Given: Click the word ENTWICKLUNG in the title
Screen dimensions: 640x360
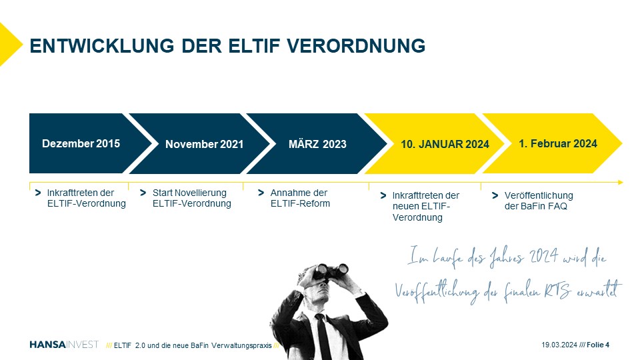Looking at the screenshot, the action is coord(102,46).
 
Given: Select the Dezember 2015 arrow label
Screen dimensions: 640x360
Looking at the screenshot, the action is coord(81,144).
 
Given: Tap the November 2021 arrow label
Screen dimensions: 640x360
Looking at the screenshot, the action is coord(204,144).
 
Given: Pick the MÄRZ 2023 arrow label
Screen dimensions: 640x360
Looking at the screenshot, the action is coord(317,144).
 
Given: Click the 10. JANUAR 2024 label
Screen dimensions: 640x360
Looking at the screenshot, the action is coord(445,144).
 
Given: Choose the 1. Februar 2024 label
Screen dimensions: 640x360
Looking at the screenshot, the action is coord(557,144).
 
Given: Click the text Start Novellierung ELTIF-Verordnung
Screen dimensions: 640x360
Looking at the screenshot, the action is coord(191,198).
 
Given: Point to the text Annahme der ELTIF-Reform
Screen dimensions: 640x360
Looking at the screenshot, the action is coord(300,198).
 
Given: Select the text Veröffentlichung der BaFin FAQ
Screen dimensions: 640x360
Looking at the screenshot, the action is coord(539,201).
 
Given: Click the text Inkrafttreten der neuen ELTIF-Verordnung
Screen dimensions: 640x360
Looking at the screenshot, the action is coord(426,207).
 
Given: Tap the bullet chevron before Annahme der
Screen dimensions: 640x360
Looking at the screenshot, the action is coord(261,193).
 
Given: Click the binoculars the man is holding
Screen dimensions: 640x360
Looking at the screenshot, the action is coord(331,271).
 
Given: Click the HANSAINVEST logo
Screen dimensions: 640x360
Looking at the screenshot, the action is coord(64,345).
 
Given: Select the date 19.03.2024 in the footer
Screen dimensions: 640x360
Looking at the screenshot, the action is coord(559,345).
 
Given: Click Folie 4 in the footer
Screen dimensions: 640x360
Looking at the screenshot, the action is coord(598,345).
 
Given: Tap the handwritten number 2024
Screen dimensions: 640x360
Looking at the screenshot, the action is coord(544,256).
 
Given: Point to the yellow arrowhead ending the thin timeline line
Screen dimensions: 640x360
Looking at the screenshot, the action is coord(621,183).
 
